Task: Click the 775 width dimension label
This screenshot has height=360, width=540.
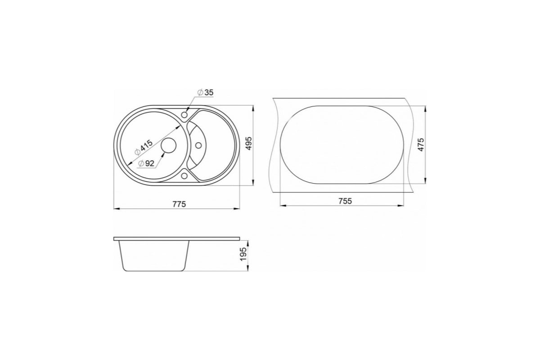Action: [179, 204]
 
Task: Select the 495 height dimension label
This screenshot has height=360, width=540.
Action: [249, 144]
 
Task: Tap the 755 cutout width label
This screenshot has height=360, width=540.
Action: [345, 201]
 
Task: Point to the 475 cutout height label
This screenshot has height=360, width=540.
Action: [421, 144]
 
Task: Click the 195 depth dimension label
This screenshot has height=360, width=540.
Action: [243, 254]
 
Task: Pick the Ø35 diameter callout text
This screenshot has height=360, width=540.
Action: [205, 93]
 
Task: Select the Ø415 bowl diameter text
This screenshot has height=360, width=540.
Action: [144, 147]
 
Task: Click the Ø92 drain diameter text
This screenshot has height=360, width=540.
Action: [146, 163]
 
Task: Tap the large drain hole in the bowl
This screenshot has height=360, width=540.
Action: [168, 145]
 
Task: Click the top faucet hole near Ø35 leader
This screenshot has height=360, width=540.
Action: [184, 114]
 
